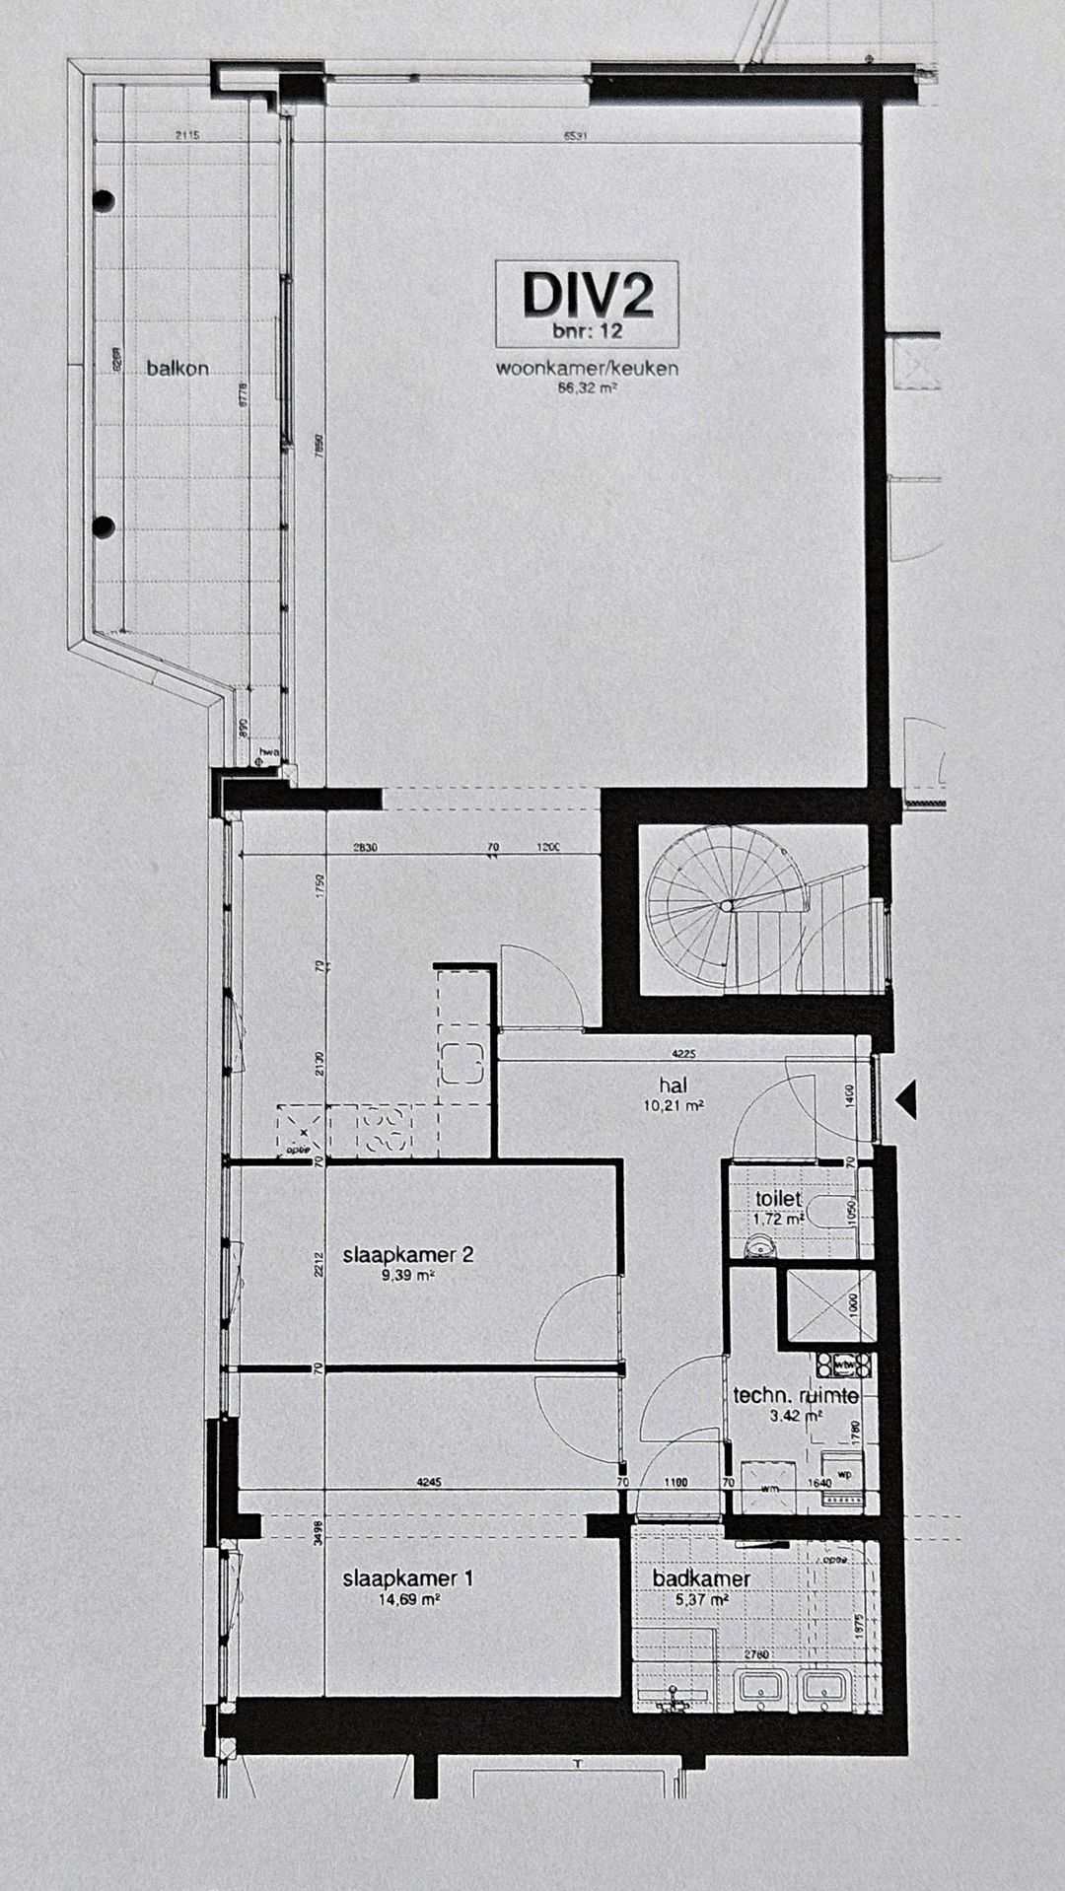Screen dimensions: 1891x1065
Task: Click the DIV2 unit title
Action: pyautogui.click(x=589, y=293)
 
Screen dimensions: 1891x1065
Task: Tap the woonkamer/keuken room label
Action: pyautogui.click(x=587, y=370)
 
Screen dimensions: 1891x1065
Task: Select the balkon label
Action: pyautogui.click(x=177, y=369)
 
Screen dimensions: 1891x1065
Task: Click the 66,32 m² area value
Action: pyautogui.click(x=587, y=388)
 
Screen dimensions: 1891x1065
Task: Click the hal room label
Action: pyautogui.click(x=673, y=1086)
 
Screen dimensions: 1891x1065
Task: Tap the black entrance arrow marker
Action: pyautogui.click(x=907, y=1097)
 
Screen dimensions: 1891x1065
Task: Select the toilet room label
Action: pyautogui.click(x=778, y=1200)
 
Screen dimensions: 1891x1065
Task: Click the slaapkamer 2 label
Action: pyautogui.click(x=408, y=1255)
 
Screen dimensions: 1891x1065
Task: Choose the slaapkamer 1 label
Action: pyautogui.click(x=407, y=1578)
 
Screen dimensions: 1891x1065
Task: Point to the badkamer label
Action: pyautogui.click(x=701, y=1578)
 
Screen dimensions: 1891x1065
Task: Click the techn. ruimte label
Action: pyautogui.click(x=795, y=1396)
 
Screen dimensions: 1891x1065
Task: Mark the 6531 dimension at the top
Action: pyautogui.click(x=576, y=136)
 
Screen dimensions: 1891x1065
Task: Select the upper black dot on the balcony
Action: pyautogui.click(x=103, y=201)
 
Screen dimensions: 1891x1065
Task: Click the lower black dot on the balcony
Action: pyautogui.click(x=103, y=525)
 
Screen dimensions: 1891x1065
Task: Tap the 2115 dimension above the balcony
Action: pyautogui.click(x=187, y=136)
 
